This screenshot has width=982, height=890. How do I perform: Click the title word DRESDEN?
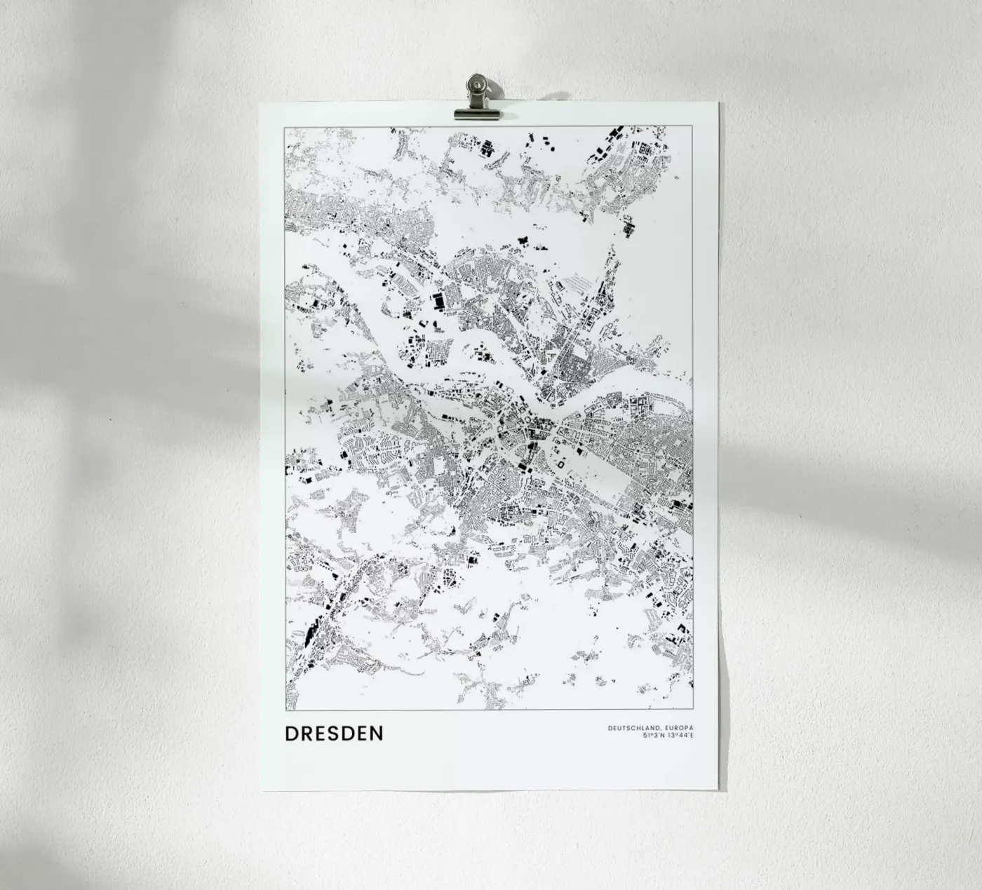pyautogui.click(x=334, y=734)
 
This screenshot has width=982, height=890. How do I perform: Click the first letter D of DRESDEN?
pyautogui.click(x=291, y=734)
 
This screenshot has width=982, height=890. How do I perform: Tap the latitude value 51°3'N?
pyautogui.click(x=654, y=736)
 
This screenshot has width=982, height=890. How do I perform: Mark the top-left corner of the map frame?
pyautogui.click(x=283, y=128)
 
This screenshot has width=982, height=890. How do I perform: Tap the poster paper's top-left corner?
pyautogui.click(x=260, y=103)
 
